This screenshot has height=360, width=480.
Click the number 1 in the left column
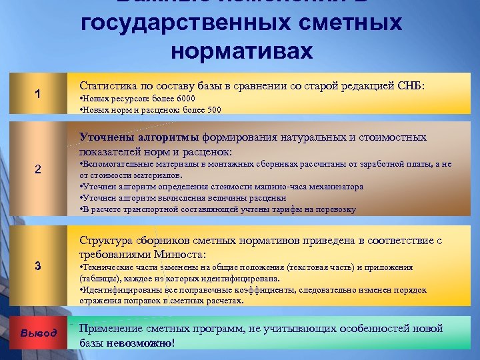tap(38, 94)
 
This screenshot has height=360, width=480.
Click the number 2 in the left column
tap(38, 169)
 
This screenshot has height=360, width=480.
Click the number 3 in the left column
tap(38, 266)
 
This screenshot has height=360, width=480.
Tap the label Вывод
tap(38, 333)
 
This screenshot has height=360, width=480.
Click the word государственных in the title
tap(177, 23)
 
